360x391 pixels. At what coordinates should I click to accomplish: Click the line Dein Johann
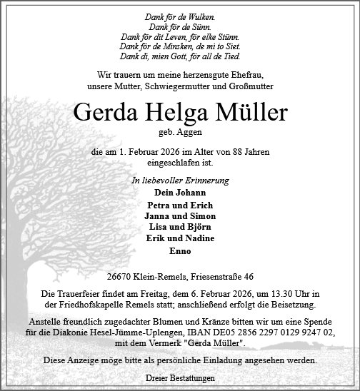click(x=179, y=193)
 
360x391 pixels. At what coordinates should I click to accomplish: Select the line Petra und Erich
click(x=179, y=205)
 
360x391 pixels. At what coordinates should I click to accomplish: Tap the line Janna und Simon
click(x=179, y=215)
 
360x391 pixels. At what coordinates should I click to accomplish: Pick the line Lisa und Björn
click(x=179, y=227)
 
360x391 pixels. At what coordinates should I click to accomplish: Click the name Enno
click(x=179, y=251)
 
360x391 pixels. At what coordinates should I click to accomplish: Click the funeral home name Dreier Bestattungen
click(x=179, y=377)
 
